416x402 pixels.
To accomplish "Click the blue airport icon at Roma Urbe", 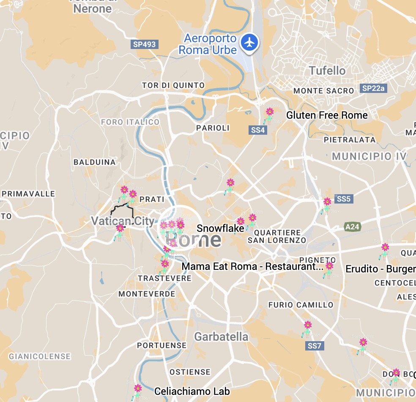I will point(250,42).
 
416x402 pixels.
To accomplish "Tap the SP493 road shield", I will point(144,44).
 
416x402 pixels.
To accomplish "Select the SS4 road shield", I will point(258,130).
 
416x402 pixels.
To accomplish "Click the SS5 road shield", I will point(343,198).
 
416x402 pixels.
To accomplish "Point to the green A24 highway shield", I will point(352,227).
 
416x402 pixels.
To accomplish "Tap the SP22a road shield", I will point(374,88).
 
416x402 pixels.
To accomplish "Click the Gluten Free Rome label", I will point(327,115).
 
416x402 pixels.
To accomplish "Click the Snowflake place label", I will point(220,228).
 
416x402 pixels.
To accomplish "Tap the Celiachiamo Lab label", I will point(192,391).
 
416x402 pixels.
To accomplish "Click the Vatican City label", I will point(123,220).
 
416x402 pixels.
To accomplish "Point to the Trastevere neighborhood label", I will point(164,278).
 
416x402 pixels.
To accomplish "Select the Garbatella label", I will point(221,337).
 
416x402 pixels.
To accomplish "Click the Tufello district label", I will point(327,71).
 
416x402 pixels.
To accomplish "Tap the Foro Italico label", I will point(130,122).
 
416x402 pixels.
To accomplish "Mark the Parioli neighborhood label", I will point(213,128).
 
